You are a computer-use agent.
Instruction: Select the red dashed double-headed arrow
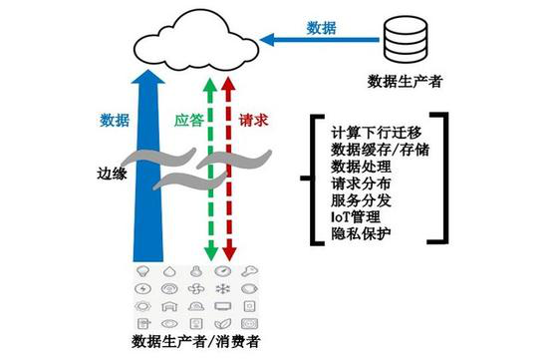click(227, 170)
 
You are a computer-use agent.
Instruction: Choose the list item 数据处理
click(355, 167)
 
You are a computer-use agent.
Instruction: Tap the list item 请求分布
click(355, 183)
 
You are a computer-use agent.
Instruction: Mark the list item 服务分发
click(355, 200)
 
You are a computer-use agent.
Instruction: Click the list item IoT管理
click(354, 217)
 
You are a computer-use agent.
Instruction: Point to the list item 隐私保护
click(355, 234)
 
